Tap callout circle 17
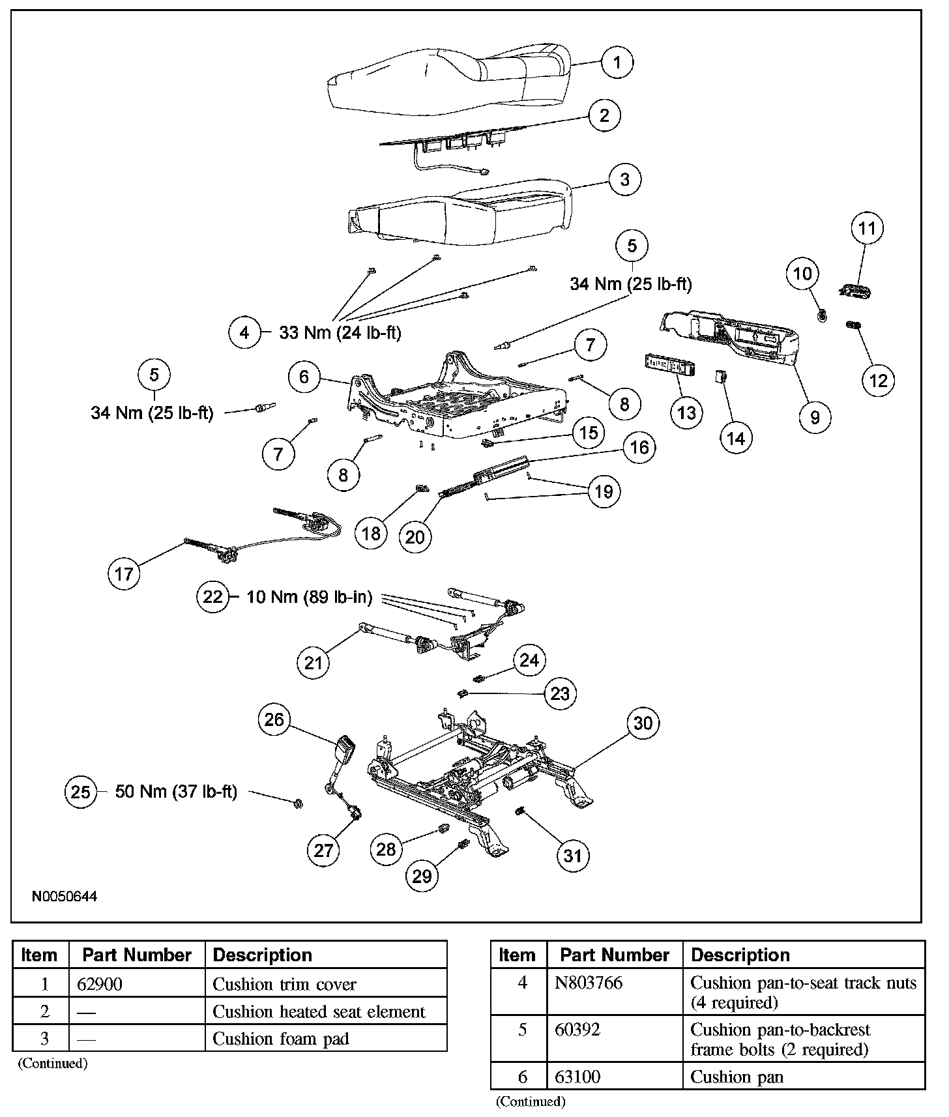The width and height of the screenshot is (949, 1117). coord(124,573)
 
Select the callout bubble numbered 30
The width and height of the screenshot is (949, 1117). coord(643,723)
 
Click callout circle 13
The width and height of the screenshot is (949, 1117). coord(686,413)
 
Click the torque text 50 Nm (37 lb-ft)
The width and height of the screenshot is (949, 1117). coord(176,792)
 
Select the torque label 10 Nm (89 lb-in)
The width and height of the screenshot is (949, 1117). coord(309,597)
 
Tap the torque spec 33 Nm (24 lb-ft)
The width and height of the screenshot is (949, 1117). coord(340,332)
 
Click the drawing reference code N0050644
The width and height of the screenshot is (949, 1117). coord(65,897)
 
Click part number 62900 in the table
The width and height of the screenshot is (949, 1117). coord(100,984)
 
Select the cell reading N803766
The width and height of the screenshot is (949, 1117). coord(589,983)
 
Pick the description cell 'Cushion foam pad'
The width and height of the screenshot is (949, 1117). coord(281,1039)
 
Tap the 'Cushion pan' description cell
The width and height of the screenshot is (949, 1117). coord(737,1077)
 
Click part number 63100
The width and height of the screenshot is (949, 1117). coord(577,1077)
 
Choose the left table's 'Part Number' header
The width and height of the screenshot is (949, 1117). coord(137,955)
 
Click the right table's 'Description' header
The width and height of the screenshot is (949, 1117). coord(740,955)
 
